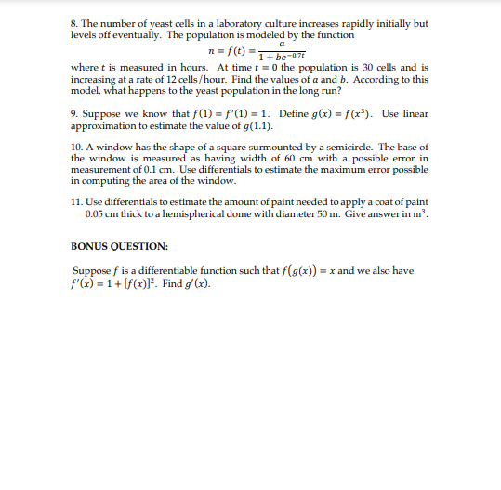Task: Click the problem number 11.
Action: tap(76, 201)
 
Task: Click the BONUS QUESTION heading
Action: tap(119, 247)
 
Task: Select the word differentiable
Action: tap(191, 270)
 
